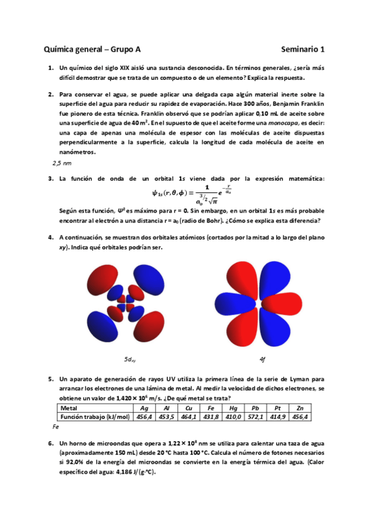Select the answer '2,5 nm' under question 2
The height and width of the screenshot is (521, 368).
[62, 163]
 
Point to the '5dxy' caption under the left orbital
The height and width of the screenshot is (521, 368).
[130, 359]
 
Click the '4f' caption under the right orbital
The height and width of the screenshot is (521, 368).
[262, 359]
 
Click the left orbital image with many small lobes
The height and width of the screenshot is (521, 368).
[130, 302]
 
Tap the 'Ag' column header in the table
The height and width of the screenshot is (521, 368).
[144, 408]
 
